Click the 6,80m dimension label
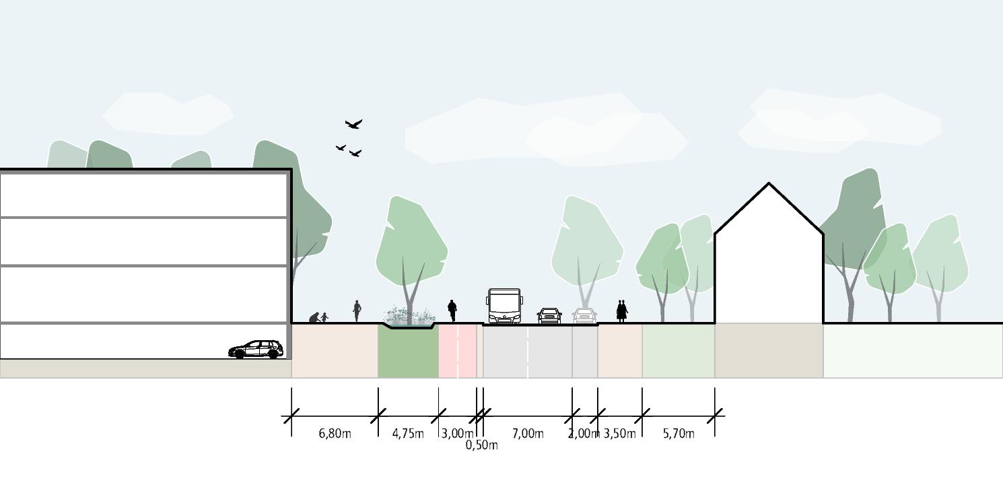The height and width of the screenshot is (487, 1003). [x=335, y=434]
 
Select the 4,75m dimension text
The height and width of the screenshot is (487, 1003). [x=408, y=434]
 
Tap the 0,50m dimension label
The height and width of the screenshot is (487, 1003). [x=481, y=445]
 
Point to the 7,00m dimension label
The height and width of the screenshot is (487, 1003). [x=528, y=434]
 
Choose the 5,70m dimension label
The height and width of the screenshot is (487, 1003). [x=679, y=434]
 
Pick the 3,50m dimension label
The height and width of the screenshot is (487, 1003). [x=619, y=434]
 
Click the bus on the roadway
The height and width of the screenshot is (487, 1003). [x=504, y=306]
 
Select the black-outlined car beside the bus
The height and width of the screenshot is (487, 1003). [x=549, y=316]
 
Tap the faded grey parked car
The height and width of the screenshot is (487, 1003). [x=584, y=316]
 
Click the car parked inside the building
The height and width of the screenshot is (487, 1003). [x=256, y=349]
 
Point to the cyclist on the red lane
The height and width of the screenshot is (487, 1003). [x=452, y=310]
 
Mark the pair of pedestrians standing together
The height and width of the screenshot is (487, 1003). [x=621, y=311]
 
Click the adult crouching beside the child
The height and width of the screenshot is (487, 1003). [x=314, y=317]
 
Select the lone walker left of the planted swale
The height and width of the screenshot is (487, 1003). [x=357, y=311]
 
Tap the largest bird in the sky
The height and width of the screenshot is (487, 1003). [x=353, y=124]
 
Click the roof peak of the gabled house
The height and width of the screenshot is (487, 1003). [x=769, y=183]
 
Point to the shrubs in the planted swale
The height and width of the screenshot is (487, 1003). [x=409, y=316]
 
